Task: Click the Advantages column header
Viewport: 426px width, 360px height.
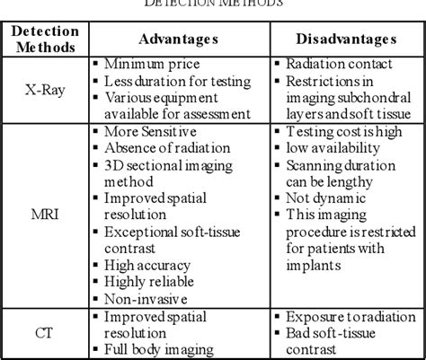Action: pos(177,41)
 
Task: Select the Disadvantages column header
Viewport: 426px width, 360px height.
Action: pos(345,41)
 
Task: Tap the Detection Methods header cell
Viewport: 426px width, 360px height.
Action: pos(45,40)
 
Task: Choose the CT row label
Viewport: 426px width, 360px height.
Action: pos(45,333)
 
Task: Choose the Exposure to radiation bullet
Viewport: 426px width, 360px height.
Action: pos(345,316)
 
